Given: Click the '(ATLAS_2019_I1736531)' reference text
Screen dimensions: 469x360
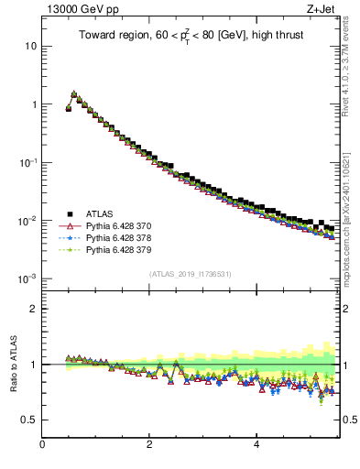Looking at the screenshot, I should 190,273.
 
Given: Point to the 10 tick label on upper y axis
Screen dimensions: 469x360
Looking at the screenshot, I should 30,46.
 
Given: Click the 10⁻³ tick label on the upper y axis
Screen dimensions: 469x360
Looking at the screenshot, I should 27,278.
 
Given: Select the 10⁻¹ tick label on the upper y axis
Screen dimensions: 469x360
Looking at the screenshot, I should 27,162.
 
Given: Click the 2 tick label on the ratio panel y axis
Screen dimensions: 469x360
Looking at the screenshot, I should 33,309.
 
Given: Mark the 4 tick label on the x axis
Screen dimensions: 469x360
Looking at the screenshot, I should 256,444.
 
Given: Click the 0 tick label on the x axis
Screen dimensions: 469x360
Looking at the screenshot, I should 42,444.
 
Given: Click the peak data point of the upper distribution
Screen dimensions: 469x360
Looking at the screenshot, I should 74,93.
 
